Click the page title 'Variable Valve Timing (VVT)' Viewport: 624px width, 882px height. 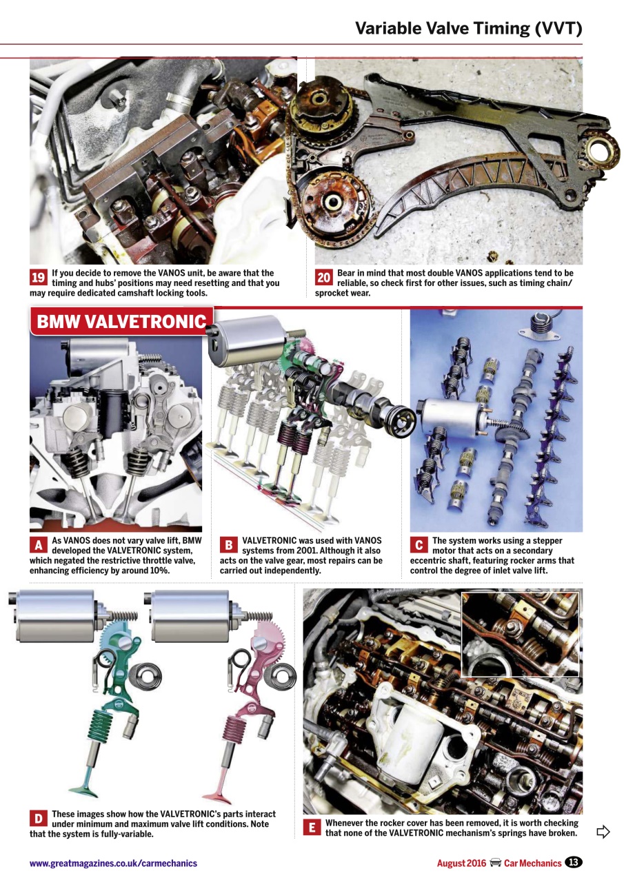point(468,28)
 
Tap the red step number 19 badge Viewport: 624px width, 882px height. point(39,278)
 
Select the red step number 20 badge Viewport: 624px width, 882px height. point(324,278)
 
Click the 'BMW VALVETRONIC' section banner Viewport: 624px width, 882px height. point(121,322)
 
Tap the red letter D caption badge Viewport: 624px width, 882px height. point(39,819)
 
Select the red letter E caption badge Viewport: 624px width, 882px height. point(312,828)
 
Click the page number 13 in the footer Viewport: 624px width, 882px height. point(574,863)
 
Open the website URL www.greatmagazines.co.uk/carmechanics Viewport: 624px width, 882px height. point(113,863)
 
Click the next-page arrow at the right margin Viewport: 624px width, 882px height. point(603,832)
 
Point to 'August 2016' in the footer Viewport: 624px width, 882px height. point(461,863)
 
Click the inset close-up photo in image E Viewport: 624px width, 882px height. point(520,635)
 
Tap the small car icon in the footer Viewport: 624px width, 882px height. point(495,863)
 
